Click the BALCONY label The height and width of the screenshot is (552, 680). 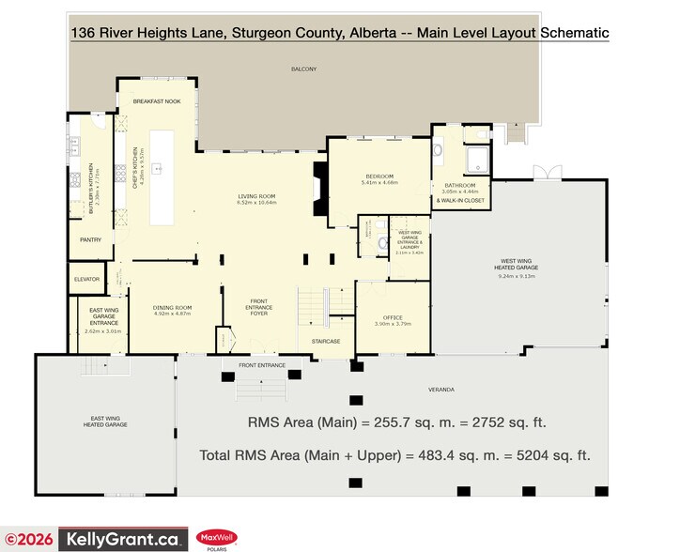pos(303,69)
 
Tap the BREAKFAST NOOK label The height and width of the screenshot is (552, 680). pos(156,100)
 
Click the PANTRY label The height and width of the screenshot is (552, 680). pos(90,239)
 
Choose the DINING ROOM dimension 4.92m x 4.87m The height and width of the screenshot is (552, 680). pos(172,314)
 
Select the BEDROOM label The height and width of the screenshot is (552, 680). pos(379,176)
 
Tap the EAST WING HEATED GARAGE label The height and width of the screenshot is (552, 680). pos(104,422)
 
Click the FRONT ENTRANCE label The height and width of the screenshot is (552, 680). pos(261,363)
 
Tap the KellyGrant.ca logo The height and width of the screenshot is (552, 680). pos(121,539)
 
